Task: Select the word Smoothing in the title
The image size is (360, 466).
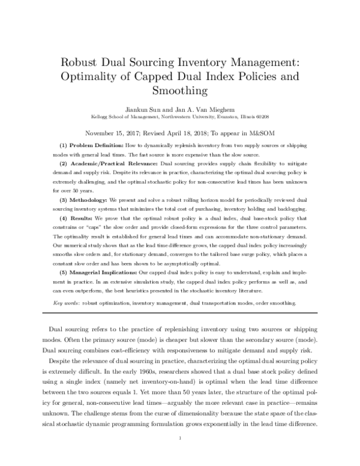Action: [x=180, y=91]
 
